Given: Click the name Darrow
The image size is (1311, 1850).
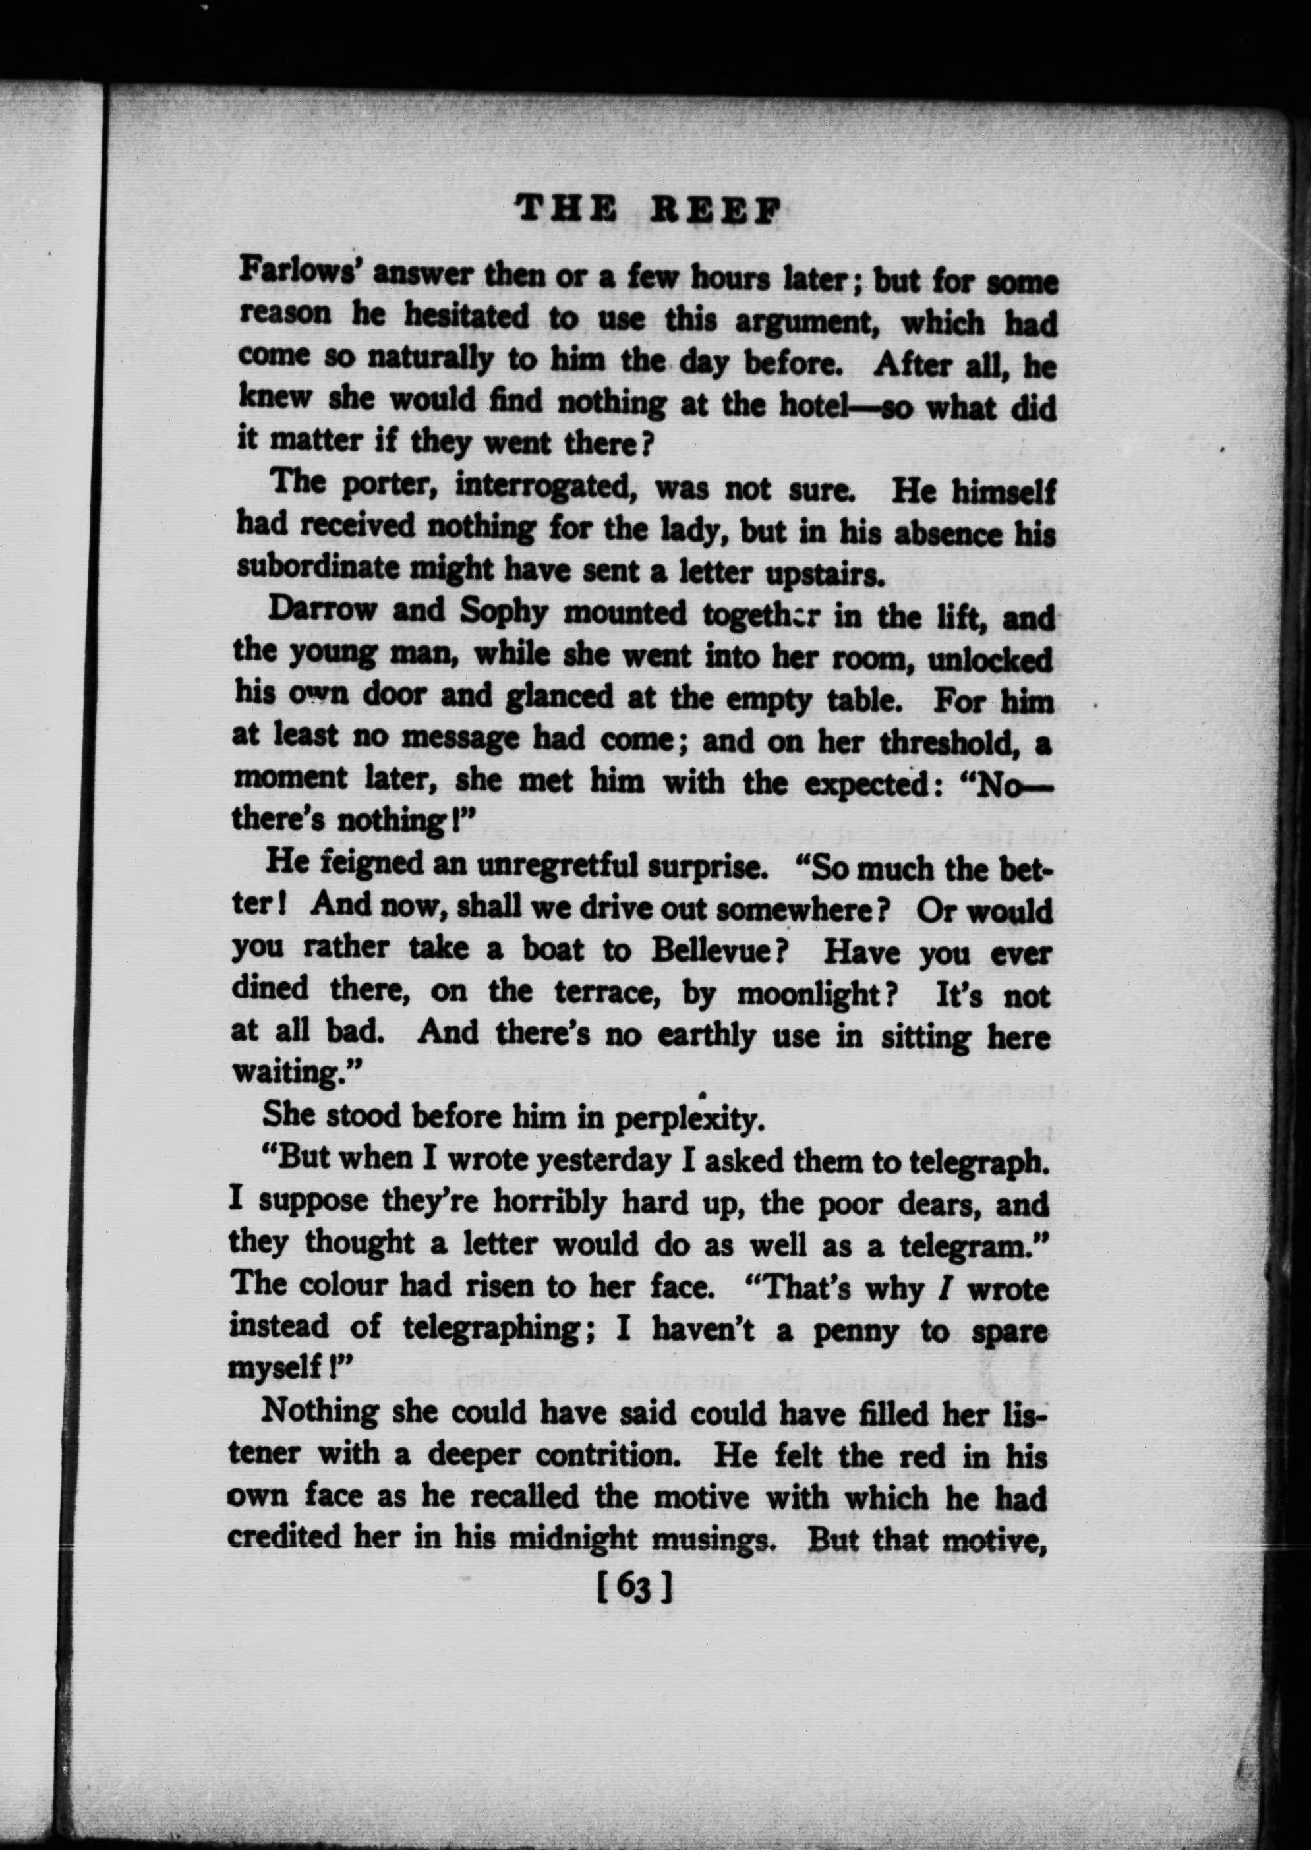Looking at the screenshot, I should pos(322,610).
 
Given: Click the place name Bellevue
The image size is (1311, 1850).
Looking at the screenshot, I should pos(720,950).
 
